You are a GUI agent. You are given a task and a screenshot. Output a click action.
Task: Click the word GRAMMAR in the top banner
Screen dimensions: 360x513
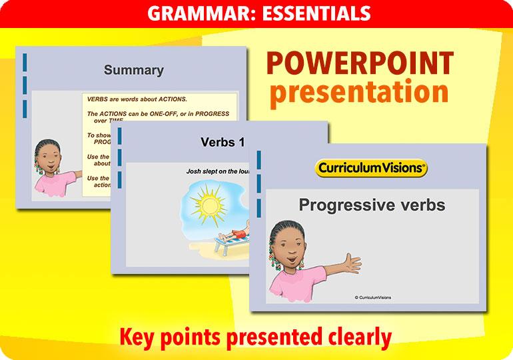(x=190, y=13)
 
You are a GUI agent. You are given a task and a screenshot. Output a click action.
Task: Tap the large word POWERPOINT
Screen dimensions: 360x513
(x=360, y=64)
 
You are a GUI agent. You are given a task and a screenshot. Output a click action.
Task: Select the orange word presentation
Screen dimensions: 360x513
(x=359, y=92)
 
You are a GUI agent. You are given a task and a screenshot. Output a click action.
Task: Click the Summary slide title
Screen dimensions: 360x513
(x=133, y=70)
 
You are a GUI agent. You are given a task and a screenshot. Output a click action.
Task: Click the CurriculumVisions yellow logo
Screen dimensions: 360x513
(x=371, y=168)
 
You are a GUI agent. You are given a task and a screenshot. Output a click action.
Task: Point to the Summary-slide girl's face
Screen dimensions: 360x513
(x=49, y=160)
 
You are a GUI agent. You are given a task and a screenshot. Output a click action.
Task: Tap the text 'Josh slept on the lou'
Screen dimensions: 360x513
(x=217, y=171)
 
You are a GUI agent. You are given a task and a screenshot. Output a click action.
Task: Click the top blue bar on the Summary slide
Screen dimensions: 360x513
(x=25, y=62)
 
